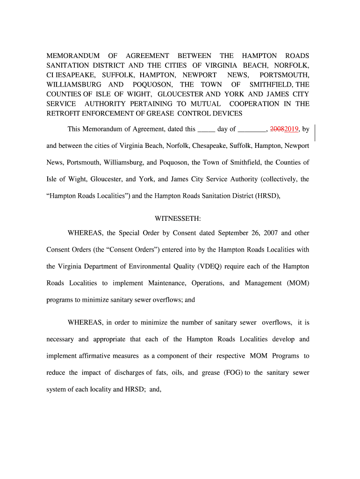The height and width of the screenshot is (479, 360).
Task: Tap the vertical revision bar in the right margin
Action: coord(316,133)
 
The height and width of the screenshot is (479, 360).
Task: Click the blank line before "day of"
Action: coord(207,130)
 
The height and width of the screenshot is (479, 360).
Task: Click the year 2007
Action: coord(271,232)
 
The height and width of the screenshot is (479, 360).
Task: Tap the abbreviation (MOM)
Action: coord(295,283)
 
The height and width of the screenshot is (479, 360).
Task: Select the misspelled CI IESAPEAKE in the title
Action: coord(71,75)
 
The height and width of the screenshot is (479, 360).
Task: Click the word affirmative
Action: coord(108,356)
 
